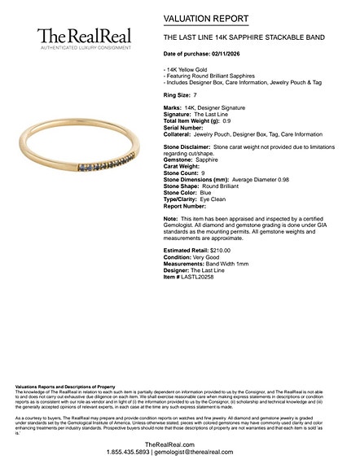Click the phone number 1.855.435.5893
click(128, 451)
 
